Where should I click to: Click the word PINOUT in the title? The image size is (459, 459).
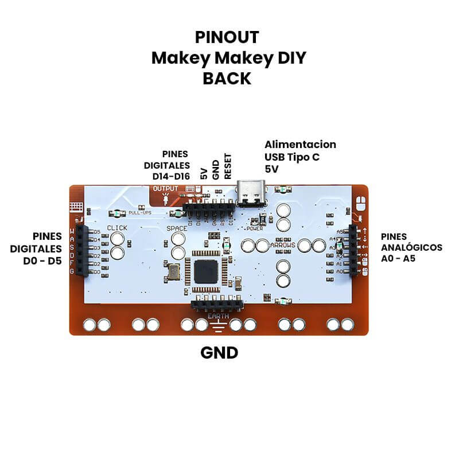click(x=227, y=37)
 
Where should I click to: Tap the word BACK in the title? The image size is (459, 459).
click(x=227, y=78)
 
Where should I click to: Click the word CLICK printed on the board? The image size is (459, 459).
click(x=117, y=228)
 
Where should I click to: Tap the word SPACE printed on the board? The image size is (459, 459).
click(x=177, y=228)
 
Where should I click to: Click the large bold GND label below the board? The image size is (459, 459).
click(x=219, y=352)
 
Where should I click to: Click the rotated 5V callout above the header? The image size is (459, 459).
click(x=204, y=173)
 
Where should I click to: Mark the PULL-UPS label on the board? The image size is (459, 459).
click(x=140, y=213)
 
